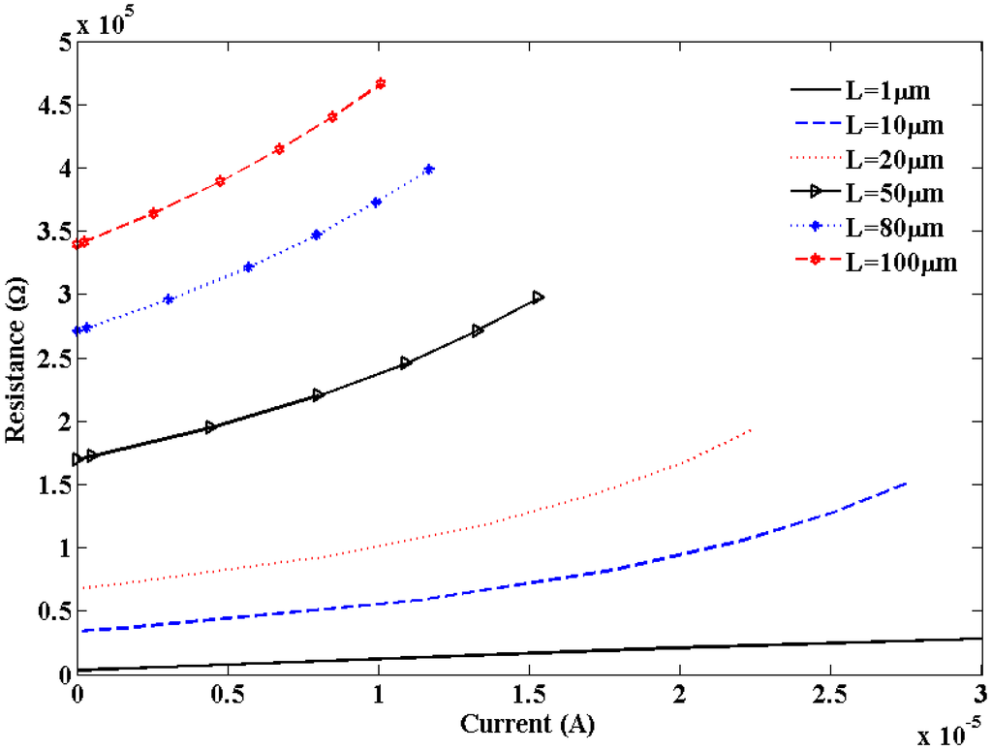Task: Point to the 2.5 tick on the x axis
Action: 831,696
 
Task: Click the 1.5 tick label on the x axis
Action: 529,696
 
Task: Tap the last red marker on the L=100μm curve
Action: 380,83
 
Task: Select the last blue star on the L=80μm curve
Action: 429,170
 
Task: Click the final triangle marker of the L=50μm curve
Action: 539,297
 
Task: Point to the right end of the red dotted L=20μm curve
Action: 751,429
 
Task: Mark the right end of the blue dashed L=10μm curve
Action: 906,483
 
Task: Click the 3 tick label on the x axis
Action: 979,696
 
